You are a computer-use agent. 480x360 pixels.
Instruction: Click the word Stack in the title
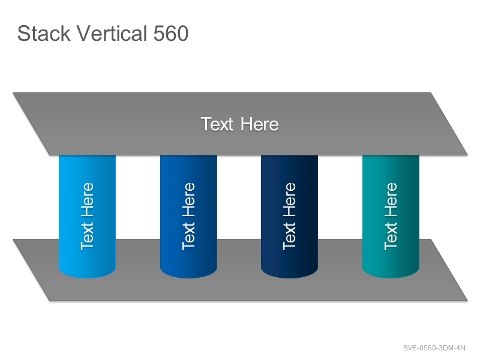(44, 33)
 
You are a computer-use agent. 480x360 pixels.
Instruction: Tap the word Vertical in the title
(112, 33)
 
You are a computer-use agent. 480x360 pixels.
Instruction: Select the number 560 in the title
(170, 34)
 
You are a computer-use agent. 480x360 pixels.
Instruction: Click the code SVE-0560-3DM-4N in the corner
(434, 348)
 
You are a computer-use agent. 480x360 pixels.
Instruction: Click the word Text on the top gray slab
(217, 124)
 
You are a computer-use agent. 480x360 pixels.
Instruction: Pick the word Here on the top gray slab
(260, 124)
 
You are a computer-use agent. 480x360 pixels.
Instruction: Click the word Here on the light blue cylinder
(87, 200)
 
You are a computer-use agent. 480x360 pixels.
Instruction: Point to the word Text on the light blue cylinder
(87, 236)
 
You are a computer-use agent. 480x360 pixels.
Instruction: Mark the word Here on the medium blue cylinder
(188, 200)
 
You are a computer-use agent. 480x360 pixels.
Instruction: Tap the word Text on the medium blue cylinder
(188, 236)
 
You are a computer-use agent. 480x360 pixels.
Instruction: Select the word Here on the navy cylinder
(289, 200)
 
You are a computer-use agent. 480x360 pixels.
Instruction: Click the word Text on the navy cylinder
(289, 236)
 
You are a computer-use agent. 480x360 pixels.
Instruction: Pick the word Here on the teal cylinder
(391, 200)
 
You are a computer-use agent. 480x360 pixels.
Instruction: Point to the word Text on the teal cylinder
(391, 236)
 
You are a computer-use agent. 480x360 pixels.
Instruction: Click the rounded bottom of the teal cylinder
(391, 273)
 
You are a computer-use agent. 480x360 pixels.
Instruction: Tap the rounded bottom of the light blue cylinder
(87, 273)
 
